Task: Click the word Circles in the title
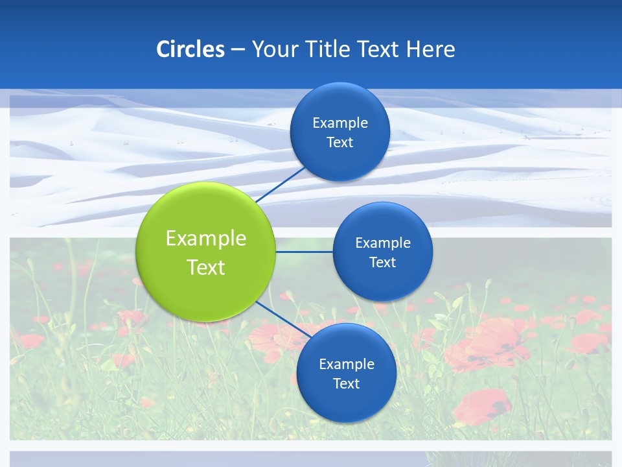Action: (190, 49)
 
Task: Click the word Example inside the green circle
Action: (206, 238)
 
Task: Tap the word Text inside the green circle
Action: (206, 267)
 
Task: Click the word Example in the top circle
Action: (340, 123)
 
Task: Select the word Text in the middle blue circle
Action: (383, 262)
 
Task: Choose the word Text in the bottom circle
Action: (347, 383)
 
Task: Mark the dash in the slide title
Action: (238, 50)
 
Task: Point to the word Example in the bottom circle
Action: (347, 364)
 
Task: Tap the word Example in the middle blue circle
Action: (383, 243)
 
